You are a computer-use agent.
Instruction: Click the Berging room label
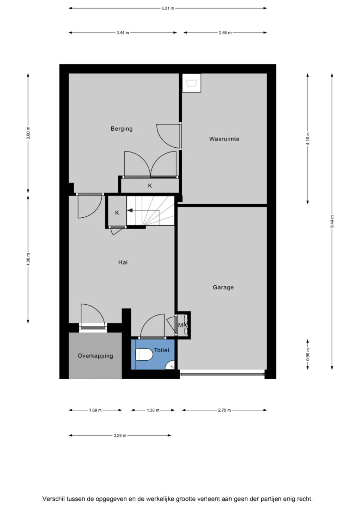click(121, 129)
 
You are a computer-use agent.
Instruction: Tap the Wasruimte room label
click(224, 139)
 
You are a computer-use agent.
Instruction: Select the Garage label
click(223, 287)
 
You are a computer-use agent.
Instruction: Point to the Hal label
click(123, 262)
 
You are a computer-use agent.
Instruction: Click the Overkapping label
click(96, 356)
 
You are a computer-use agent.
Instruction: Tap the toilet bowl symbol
click(144, 354)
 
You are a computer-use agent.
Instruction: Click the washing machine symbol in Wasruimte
click(191, 83)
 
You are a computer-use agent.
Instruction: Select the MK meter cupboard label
click(183, 325)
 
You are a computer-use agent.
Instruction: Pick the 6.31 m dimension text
click(168, 8)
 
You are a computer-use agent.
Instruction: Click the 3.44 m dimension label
click(123, 33)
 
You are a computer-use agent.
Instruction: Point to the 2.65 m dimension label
click(225, 33)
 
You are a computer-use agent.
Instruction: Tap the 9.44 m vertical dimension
click(332, 221)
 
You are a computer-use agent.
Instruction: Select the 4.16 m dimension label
click(308, 139)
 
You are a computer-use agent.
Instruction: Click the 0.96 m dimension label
click(308, 355)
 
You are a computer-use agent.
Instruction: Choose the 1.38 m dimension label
click(153, 410)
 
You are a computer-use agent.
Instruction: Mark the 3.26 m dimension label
click(120, 436)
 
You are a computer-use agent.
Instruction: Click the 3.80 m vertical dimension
click(28, 133)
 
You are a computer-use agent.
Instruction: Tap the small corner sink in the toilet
click(170, 365)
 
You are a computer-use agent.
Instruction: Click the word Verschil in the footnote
click(53, 493)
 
